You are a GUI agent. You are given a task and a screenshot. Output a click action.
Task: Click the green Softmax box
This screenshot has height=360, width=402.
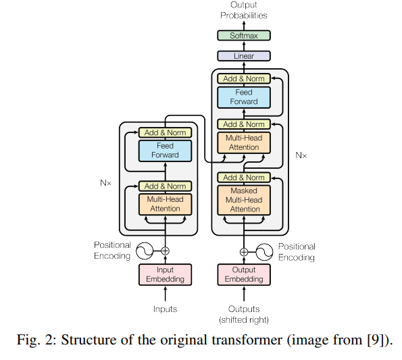pyautogui.click(x=244, y=35)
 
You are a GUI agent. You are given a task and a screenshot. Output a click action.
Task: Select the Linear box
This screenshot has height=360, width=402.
pyautogui.click(x=244, y=56)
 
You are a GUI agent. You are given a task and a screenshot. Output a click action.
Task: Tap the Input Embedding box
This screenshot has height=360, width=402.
pyautogui.click(x=165, y=274)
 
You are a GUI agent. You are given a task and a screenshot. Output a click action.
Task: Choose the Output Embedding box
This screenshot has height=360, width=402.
pyautogui.click(x=244, y=274)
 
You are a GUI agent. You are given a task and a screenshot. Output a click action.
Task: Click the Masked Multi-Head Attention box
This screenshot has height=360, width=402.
pyautogui.click(x=244, y=200)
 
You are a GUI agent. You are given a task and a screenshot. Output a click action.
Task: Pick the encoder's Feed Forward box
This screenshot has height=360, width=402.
pyautogui.click(x=165, y=151)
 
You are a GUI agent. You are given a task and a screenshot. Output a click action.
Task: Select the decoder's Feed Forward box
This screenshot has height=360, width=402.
pyautogui.click(x=244, y=97)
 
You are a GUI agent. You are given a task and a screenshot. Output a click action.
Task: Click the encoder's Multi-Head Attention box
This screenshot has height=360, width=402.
pyautogui.click(x=165, y=204)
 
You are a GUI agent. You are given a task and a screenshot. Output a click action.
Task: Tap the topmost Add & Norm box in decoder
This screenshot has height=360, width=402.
pyautogui.click(x=244, y=78)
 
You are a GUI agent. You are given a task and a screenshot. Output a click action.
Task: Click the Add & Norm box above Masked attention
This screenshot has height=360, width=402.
pyautogui.click(x=244, y=178)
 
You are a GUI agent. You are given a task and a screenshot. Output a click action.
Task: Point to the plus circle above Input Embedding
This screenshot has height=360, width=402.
pyautogui.click(x=165, y=251)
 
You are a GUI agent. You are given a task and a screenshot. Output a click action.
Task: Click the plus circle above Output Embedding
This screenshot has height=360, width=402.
pyautogui.click(x=244, y=252)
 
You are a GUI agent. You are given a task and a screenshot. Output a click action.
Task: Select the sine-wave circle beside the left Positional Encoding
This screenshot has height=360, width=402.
pyautogui.click(x=145, y=251)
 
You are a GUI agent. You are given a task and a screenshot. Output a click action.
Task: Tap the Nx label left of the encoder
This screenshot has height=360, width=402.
pyautogui.click(x=105, y=182)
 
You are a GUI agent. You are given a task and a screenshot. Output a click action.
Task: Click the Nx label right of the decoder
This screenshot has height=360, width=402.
pyautogui.click(x=301, y=155)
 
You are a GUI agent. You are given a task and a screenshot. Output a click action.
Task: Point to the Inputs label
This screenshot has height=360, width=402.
pyautogui.click(x=165, y=309)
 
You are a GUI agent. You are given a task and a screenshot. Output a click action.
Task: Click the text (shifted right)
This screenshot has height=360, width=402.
pyautogui.click(x=244, y=319)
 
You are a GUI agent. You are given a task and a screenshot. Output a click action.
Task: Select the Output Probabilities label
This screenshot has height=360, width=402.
pyautogui.click(x=244, y=10)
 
